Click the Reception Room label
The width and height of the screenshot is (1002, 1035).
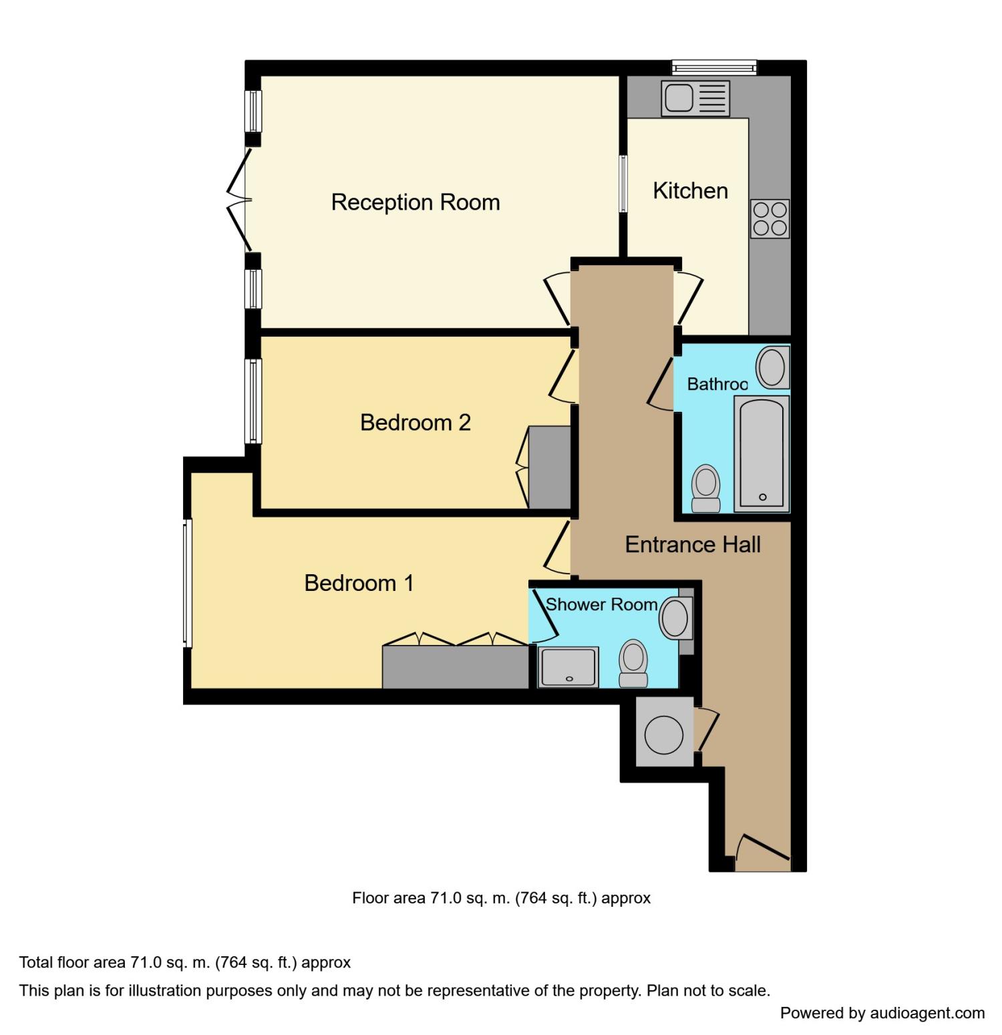click(x=415, y=202)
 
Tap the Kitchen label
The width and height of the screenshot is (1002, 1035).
click(x=690, y=191)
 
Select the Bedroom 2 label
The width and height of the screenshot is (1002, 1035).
click(x=415, y=423)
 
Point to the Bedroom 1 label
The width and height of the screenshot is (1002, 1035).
click(x=359, y=583)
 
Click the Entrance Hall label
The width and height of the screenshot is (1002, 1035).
click(x=693, y=545)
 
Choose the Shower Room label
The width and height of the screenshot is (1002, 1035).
click(x=601, y=604)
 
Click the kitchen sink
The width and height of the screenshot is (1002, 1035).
click(x=695, y=99)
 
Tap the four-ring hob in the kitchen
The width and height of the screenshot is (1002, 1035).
click(x=770, y=219)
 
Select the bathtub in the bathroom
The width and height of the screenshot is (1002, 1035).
click(x=762, y=454)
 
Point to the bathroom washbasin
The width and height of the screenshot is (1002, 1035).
click(x=772, y=367)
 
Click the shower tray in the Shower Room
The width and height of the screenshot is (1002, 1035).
click(x=569, y=667)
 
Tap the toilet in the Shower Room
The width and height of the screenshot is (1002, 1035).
click(x=633, y=663)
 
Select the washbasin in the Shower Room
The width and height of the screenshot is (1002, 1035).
click(x=675, y=618)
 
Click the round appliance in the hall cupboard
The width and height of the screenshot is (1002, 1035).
click(x=664, y=735)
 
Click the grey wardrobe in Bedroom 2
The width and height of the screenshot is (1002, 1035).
click(x=549, y=467)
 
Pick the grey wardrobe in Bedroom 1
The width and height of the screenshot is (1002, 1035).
click(x=456, y=667)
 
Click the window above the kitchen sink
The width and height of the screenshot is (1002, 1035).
click(x=714, y=67)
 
